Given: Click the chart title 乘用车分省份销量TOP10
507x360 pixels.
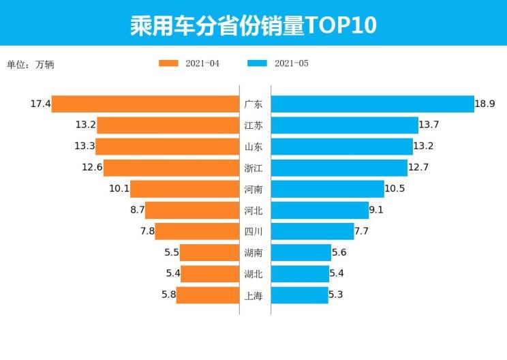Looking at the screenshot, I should coord(253,25).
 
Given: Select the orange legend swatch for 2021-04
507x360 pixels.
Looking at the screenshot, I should coord(168,63).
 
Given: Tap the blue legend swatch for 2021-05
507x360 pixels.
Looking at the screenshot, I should coord(257,63).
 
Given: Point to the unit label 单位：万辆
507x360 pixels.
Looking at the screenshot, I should coord(31,65).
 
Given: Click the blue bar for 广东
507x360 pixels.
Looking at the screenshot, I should coord(372,104).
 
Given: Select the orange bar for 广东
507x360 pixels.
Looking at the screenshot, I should coord(145,104).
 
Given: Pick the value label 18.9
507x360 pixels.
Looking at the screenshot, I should coord(485,104).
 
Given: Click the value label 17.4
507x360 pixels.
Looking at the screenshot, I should coord(40,104).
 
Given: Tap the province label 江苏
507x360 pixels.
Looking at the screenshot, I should coord(253,125).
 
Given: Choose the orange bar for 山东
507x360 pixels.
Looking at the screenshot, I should coord(167,147).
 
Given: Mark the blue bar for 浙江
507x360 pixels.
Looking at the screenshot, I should coord(339,168).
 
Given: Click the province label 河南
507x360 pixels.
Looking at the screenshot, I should coord(253,189).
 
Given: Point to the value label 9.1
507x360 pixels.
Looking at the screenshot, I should coord(376,210).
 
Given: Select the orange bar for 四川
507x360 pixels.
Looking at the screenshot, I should coord(197,231).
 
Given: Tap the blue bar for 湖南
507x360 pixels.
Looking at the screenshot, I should coord(301,252).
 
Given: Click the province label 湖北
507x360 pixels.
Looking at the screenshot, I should coord(253,274).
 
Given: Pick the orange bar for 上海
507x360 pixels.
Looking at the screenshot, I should coord(207,295).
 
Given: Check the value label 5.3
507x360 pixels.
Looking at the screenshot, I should coord(339,295).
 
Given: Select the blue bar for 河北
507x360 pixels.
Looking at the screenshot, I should coord(320,210).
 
